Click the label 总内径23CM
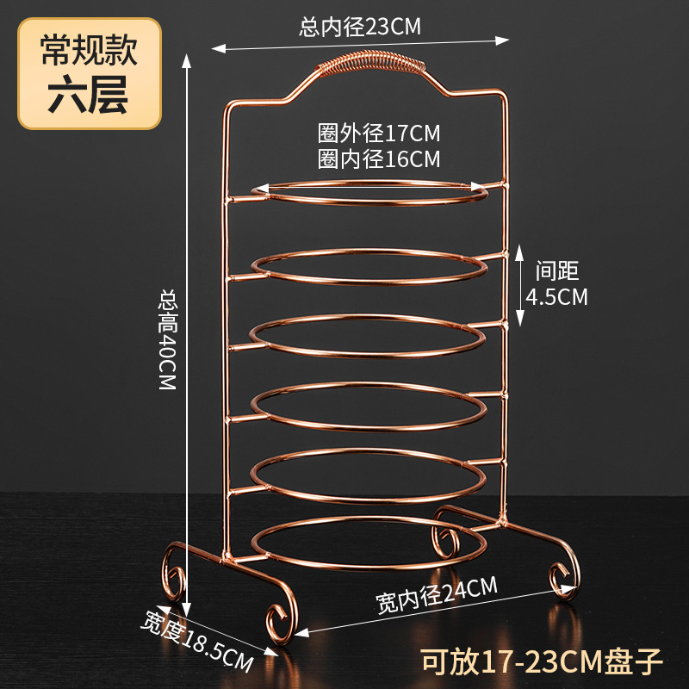360,27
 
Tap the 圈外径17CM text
379,134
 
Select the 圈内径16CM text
379,159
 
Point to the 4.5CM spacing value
557,297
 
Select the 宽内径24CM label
437,596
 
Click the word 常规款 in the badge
90,53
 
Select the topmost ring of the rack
369,191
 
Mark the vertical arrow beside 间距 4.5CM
519,284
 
